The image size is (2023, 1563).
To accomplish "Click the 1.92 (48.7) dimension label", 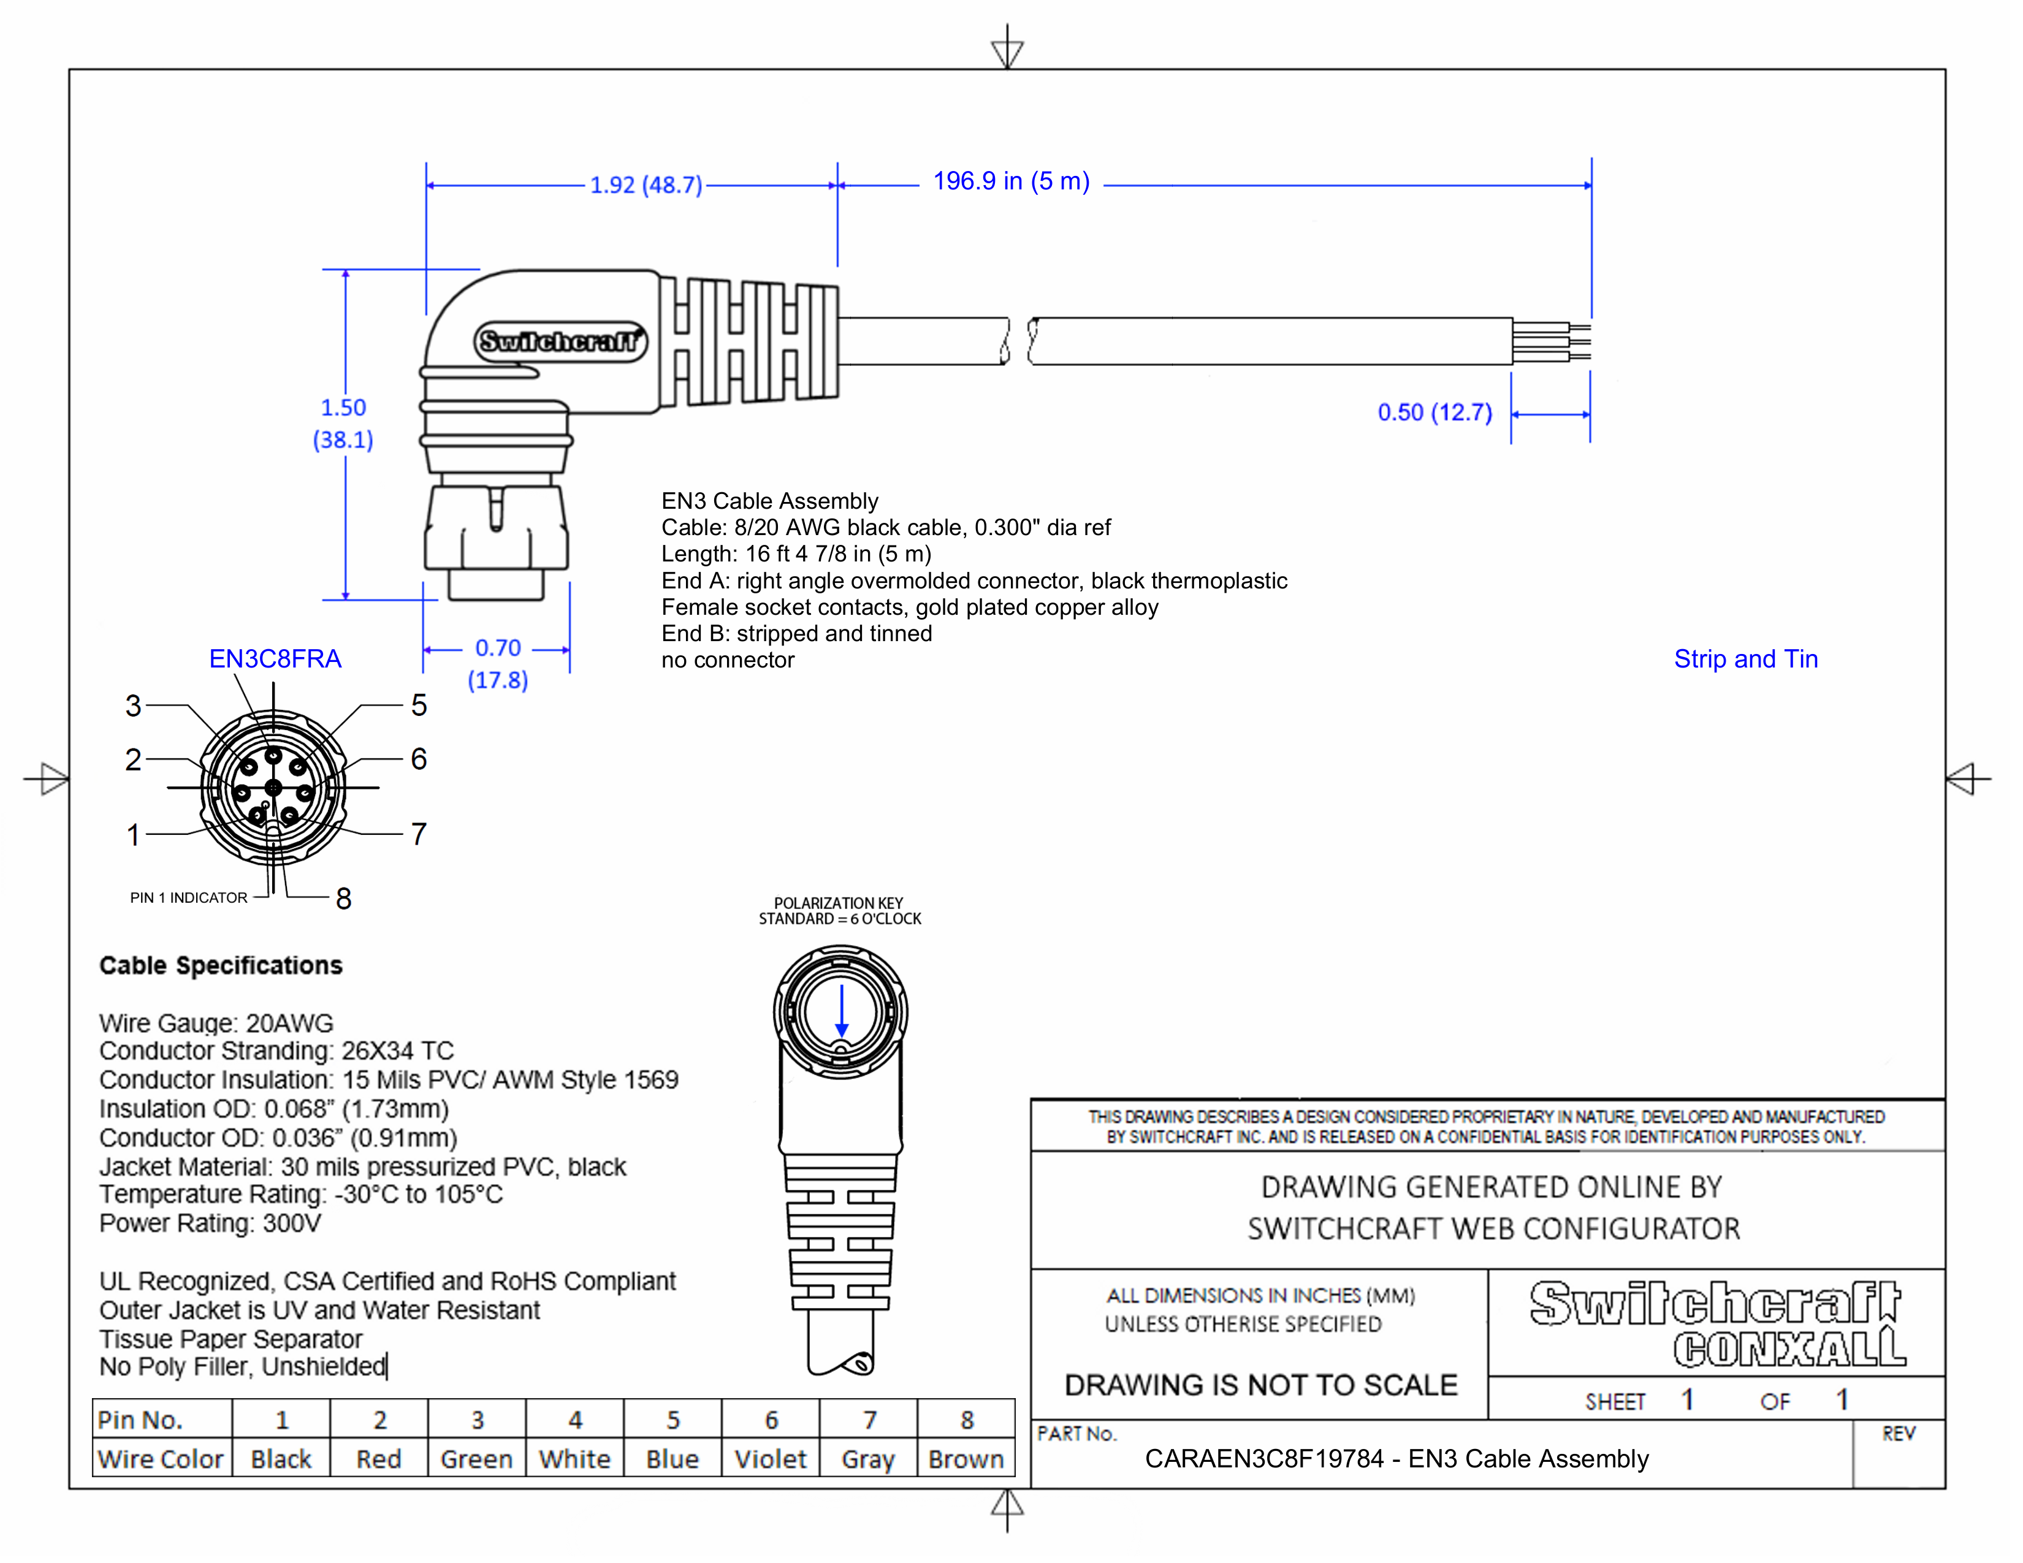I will [646, 185].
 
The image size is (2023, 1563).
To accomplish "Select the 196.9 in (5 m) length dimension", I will [1010, 181].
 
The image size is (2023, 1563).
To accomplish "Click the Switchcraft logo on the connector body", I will [560, 341].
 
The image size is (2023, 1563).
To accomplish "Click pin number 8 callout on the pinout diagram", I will [344, 898].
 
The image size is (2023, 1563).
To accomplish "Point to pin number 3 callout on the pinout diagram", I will [134, 705].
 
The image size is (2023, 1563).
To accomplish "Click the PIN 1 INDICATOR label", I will [188, 898].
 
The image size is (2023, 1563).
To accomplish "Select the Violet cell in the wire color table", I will [770, 1459].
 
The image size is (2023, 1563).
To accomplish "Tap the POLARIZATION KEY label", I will [838, 903].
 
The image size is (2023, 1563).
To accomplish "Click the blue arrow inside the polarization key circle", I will [841, 1011].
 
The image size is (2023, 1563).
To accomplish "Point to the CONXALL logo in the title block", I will [1788, 1348].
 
